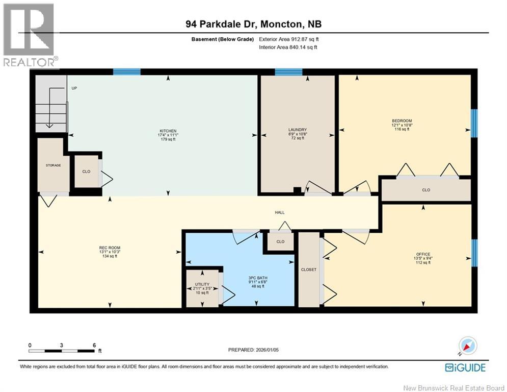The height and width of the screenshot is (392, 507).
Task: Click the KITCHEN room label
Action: point(168,131)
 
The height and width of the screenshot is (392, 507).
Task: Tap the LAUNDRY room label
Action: point(298,130)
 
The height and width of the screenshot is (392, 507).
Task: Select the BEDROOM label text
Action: point(402,121)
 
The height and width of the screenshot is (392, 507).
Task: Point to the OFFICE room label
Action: point(423,254)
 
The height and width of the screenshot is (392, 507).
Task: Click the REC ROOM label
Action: point(110,248)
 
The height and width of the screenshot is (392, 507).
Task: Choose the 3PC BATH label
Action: point(258,278)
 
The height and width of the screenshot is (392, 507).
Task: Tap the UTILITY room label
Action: point(202,284)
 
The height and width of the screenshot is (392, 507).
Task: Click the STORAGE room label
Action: point(53,165)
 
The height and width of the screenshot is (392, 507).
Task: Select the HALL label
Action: point(280,212)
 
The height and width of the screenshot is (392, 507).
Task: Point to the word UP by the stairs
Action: point(74,88)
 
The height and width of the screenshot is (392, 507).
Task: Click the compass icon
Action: point(468,346)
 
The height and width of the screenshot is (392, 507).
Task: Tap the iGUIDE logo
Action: point(465,367)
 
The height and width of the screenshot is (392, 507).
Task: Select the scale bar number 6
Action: point(94,346)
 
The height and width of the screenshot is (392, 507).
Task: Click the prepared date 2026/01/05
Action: point(267,350)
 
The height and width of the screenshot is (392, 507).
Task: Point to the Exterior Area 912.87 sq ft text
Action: point(289,39)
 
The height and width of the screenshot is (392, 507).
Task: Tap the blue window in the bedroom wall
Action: point(474,124)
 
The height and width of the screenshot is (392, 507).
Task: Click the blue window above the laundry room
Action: point(288,71)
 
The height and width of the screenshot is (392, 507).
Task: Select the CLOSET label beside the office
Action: point(309,269)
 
